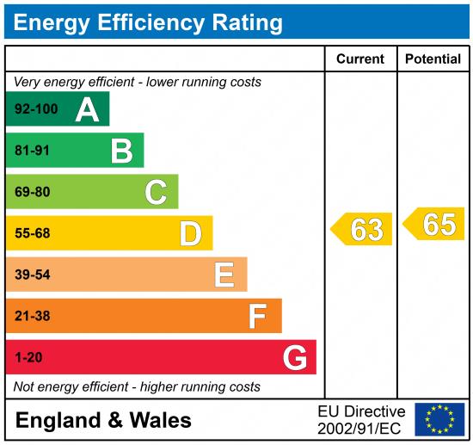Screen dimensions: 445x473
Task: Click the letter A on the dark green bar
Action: [x=87, y=109]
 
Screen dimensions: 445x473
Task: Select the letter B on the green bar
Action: [x=121, y=151]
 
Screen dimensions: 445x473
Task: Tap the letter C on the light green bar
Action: [x=156, y=192]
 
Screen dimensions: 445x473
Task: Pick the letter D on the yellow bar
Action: [x=190, y=233]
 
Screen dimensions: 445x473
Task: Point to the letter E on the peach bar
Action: [x=224, y=275]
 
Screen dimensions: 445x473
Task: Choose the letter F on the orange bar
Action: [x=257, y=316]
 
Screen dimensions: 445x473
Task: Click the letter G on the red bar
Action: [x=295, y=357]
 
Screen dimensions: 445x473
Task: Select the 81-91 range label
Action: [x=33, y=151]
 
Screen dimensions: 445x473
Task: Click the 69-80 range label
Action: [x=33, y=192]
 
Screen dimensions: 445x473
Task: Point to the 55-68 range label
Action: [x=33, y=233]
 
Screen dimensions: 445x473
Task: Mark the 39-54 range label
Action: [x=33, y=275]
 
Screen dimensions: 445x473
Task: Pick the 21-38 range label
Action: [x=33, y=316]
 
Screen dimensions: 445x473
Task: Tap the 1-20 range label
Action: [x=28, y=357]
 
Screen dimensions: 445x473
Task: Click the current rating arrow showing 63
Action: [x=362, y=230]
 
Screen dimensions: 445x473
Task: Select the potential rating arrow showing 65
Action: [x=434, y=224]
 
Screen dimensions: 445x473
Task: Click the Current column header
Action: [x=360, y=59]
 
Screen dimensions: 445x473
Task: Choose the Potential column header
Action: [x=433, y=59]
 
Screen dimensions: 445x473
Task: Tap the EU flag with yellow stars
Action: [x=439, y=419]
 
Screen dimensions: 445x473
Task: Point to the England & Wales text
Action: [x=103, y=421]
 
